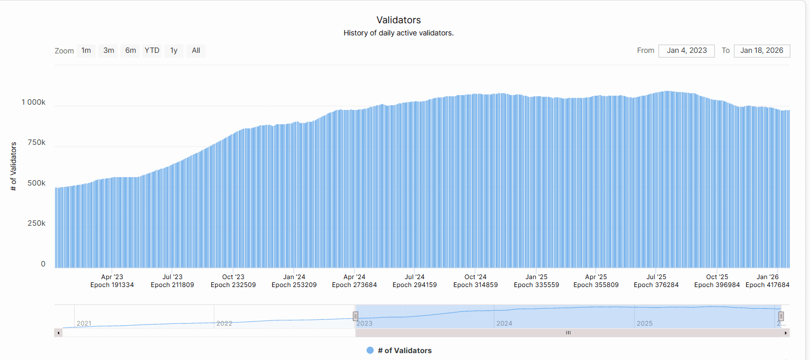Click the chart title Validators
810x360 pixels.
398,20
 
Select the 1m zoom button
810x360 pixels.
86,51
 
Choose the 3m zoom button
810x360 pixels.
109,51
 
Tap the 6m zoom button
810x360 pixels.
131,51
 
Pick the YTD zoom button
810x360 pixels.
152,51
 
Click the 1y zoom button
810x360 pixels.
174,51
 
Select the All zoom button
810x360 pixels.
196,51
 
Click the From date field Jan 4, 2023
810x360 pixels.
686,51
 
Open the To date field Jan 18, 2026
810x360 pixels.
761,51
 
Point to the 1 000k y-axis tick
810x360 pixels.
33,102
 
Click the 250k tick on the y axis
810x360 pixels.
36,223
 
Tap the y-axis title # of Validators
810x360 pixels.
14,166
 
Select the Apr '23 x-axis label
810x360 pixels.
112,276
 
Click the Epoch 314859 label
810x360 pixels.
476,285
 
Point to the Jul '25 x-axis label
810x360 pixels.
657,276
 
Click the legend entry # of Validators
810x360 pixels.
404,350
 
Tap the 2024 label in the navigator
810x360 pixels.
504,323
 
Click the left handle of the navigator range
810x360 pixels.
356,316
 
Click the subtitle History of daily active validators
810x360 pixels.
398,33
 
